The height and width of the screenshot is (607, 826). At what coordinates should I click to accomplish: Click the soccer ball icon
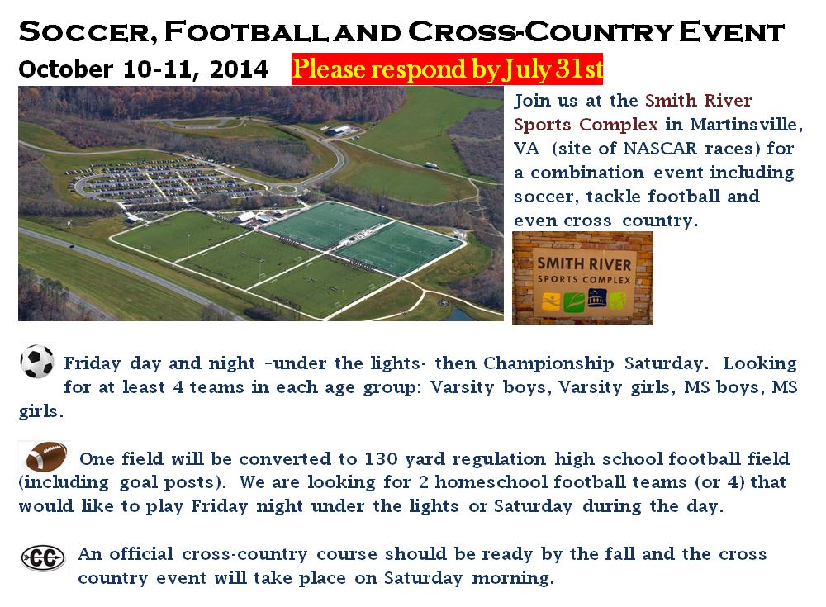(37, 362)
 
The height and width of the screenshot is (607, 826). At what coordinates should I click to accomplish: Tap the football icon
(46, 456)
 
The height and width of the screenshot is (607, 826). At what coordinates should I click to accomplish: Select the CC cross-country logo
(43, 558)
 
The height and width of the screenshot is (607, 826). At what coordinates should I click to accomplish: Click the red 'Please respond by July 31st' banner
(447, 69)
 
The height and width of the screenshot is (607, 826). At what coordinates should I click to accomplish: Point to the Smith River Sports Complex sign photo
(582, 277)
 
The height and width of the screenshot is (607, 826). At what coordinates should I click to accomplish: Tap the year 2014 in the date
(239, 69)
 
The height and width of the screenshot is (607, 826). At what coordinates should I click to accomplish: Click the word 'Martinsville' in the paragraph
(746, 125)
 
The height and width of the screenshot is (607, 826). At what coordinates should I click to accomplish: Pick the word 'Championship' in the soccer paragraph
(548, 363)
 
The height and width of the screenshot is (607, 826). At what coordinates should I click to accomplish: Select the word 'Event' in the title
(732, 31)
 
